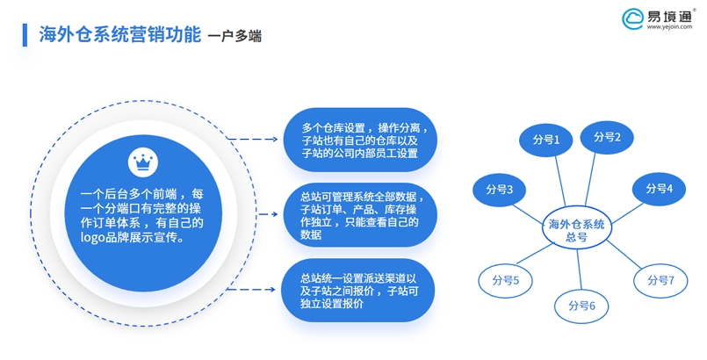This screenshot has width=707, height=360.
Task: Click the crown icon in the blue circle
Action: [141, 162]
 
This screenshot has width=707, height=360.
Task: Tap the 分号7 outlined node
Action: [660, 280]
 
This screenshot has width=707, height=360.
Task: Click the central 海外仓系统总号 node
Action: [576, 230]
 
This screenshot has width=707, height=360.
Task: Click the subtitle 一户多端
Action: [234, 36]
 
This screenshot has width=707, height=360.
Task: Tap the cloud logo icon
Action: [634, 20]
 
